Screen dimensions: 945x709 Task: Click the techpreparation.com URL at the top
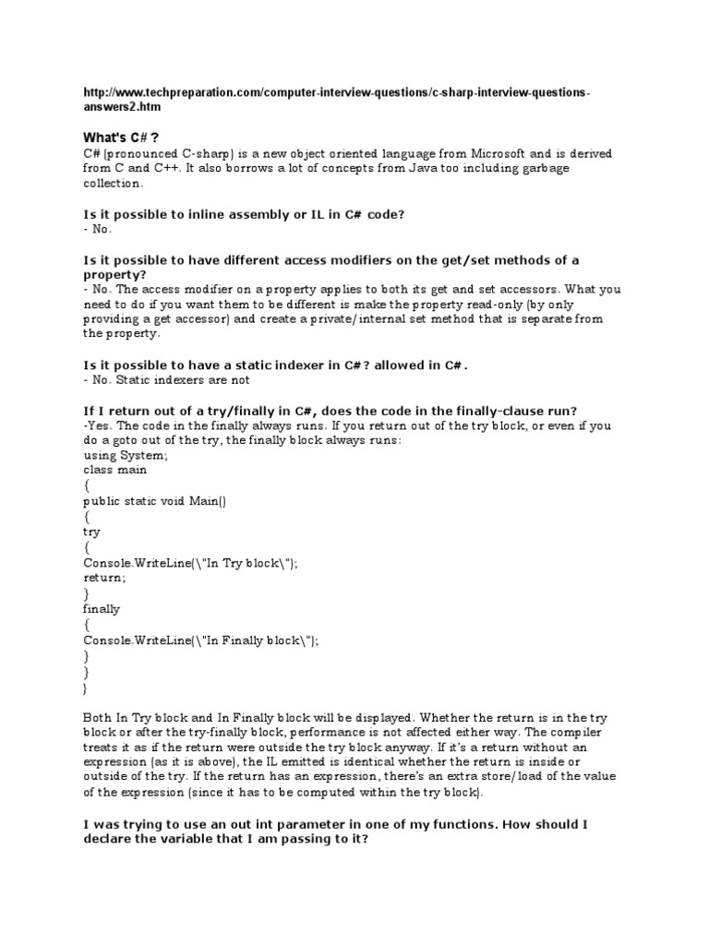point(337,102)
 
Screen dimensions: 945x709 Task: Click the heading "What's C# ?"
point(122,137)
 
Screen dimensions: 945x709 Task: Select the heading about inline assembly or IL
point(245,214)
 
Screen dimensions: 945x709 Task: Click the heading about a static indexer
point(274,365)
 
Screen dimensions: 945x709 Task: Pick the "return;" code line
point(103,579)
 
